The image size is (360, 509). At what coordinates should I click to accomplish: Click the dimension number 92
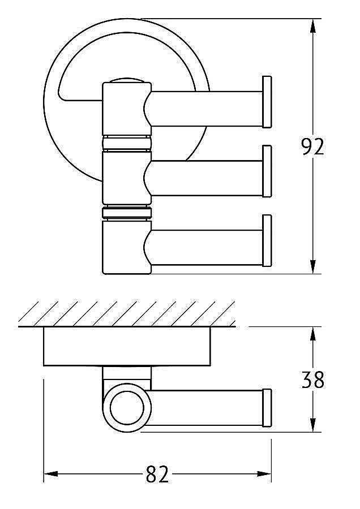312,146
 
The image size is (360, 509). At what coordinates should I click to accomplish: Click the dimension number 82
157,475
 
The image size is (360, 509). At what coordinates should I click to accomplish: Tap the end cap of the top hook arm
267,102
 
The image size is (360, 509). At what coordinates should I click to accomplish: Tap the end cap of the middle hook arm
267,171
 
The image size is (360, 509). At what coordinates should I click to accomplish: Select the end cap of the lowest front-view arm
267,240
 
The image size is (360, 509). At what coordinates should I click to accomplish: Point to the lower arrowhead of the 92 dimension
312,266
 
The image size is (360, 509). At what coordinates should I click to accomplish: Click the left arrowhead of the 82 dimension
51,475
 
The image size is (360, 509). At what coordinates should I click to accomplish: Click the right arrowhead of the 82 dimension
264,475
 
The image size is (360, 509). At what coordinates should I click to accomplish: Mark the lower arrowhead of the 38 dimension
312,425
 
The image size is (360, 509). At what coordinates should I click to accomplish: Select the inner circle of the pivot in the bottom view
127,408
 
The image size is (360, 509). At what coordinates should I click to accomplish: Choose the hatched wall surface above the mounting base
127,313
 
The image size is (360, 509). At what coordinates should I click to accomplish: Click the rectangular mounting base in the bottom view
127,346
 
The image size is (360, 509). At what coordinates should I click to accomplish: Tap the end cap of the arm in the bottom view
267,408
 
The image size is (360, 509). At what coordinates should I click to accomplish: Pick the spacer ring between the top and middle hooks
127,143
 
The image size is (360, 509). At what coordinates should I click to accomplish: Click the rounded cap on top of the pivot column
127,80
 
